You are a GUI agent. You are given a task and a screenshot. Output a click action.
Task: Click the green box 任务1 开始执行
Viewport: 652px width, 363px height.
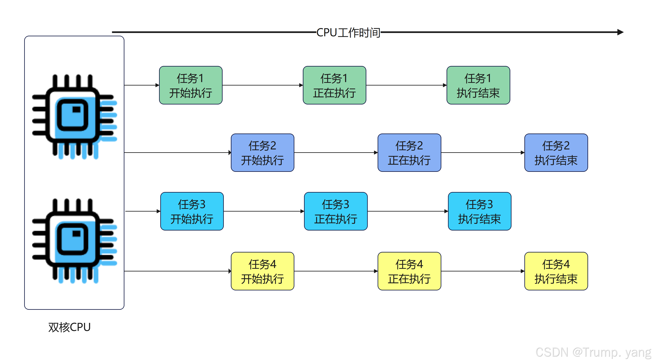click(191, 85)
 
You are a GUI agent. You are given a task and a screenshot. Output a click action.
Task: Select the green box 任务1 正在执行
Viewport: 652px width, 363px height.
click(334, 85)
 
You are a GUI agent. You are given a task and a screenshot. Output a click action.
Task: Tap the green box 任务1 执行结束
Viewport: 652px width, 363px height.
click(478, 85)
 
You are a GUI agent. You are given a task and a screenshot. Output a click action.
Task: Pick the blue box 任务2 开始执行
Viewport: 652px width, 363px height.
click(262, 153)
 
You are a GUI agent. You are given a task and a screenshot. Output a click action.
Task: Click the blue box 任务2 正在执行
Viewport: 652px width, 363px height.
click(409, 153)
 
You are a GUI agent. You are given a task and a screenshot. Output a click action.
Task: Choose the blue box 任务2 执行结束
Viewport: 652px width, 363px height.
click(556, 153)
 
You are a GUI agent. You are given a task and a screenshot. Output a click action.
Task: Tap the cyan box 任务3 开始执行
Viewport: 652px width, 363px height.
click(192, 211)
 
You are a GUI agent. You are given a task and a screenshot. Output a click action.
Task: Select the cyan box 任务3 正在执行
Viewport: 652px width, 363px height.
click(336, 211)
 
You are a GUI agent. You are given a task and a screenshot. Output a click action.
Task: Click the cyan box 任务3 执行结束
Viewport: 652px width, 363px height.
click(479, 211)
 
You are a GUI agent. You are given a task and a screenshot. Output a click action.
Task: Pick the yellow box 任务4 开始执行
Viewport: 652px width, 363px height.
click(262, 271)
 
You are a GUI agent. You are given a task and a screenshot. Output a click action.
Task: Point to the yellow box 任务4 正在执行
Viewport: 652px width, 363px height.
click(409, 271)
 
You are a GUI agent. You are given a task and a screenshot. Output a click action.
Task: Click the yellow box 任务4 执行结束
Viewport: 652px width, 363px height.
click(556, 271)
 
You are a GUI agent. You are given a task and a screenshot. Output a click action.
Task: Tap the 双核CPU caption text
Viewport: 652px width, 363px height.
click(69, 327)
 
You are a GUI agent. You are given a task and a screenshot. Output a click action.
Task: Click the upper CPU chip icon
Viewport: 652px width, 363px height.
click(74, 116)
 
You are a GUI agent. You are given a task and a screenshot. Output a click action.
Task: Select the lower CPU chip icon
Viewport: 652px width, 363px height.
click(74, 240)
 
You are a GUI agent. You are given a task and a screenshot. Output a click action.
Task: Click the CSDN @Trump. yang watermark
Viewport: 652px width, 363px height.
click(592, 352)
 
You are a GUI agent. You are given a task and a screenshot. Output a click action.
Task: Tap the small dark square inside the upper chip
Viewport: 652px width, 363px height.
click(76, 109)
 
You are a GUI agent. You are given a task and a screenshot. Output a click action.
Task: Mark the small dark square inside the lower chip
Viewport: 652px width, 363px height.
click(76, 233)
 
